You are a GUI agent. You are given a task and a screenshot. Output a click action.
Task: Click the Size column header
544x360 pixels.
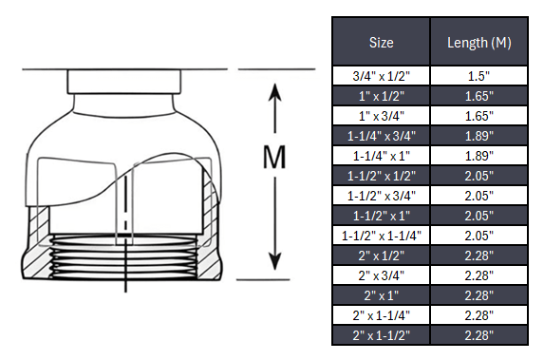click(x=381, y=43)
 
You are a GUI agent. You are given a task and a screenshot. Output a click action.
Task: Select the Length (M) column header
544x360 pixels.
click(x=478, y=43)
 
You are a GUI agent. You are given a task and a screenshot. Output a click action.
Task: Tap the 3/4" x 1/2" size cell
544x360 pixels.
click(x=381, y=75)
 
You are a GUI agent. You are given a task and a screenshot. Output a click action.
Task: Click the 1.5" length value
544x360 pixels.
click(x=478, y=75)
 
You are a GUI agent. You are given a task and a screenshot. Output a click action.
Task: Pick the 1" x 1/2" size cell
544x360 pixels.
click(x=381, y=95)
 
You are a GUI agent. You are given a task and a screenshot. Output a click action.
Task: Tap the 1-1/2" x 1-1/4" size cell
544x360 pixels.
click(x=381, y=235)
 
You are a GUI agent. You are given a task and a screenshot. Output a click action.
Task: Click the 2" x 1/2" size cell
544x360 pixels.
click(x=381, y=255)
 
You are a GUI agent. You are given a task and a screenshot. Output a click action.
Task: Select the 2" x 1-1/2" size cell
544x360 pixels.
click(x=381, y=334)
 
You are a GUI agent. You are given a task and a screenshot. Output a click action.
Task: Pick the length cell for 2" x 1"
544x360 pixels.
click(x=478, y=294)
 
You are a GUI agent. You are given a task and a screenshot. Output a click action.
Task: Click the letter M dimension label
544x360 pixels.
click(x=274, y=158)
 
